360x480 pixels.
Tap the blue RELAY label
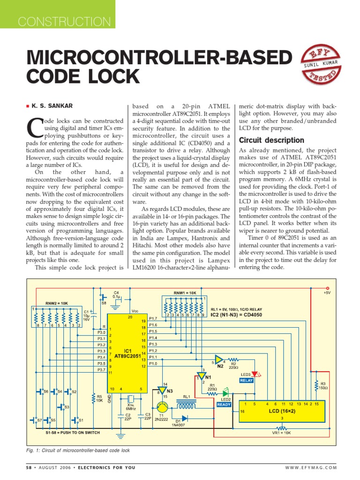point(247,381)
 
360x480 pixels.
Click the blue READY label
point(224,404)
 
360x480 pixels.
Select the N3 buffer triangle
point(162,390)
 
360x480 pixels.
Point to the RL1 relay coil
point(186,404)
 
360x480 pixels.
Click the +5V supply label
point(327,293)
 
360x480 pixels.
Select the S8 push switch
point(103,298)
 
